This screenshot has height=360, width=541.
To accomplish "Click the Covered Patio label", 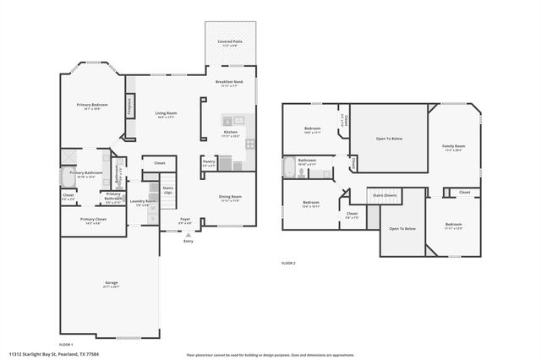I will (x=231, y=41).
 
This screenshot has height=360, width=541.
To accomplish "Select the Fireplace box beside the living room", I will (x=129, y=107).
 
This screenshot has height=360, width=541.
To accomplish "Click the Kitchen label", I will (x=231, y=134).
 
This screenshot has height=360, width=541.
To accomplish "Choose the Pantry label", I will (x=209, y=163).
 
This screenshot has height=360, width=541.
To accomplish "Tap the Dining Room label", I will (x=231, y=199).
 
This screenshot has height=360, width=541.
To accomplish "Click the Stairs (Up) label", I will (x=167, y=191).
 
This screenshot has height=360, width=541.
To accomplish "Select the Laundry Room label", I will (x=141, y=203).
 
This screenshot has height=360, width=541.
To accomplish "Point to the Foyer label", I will (x=185, y=221).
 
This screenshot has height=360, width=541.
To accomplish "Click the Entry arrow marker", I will (x=187, y=238).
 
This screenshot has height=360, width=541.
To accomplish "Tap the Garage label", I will (x=111, y=285).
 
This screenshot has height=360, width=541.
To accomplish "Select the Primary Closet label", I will (x=92, y=221).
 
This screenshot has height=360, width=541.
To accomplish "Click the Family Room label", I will (x=454, y=148).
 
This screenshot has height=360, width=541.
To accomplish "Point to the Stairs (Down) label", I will (x=385, y=195).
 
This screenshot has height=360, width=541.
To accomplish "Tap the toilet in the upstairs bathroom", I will (x=301, y=173).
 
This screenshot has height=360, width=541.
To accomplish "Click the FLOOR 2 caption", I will (x=288, y=264).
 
